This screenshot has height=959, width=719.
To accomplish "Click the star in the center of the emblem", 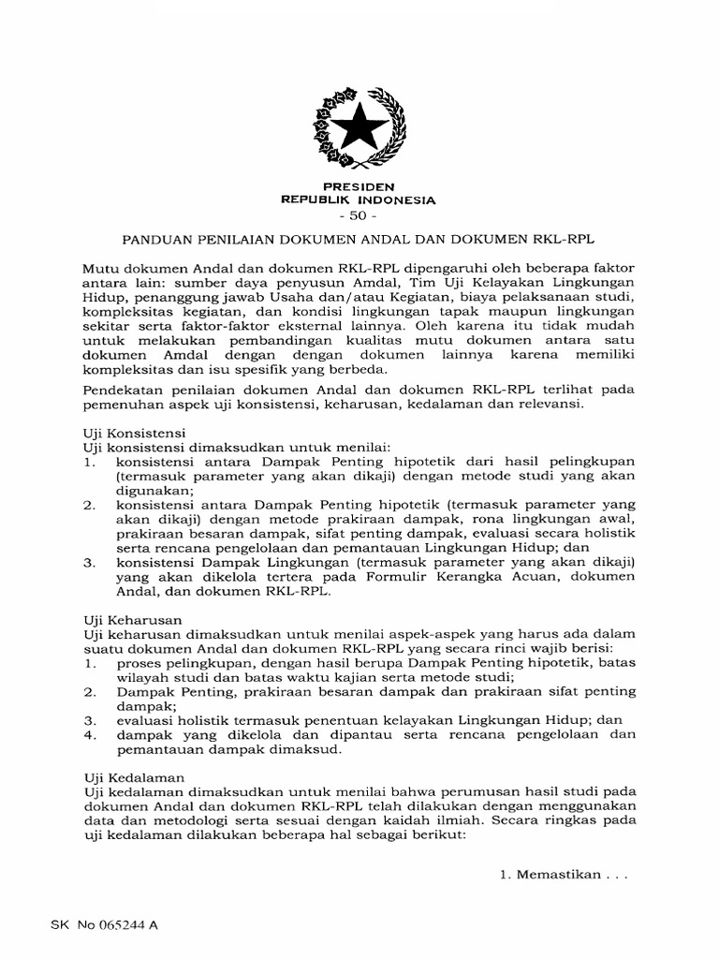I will (359, 125).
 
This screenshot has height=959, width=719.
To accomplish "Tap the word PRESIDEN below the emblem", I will (359, 187).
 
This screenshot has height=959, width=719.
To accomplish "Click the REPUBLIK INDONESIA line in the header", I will (359, 200).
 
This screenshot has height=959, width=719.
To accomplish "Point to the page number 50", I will (359, 216).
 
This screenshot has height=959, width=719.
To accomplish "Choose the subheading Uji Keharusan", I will (132, 620).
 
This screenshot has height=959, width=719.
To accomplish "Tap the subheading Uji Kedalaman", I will (133, 777).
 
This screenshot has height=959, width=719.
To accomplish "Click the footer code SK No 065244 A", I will (104, 924).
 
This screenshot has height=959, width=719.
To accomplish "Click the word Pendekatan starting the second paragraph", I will (125, 389).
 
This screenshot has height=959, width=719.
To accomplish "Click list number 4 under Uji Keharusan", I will (89, 734).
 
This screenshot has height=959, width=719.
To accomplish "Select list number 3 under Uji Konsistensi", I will (89, 563).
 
